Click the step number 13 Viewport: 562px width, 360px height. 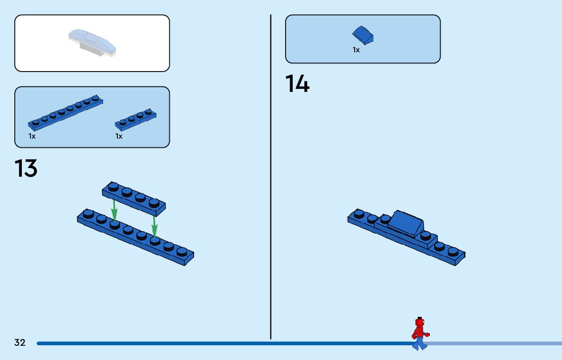point(26,169)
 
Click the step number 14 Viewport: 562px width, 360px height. point(297,84)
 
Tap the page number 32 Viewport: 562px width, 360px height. point(20,343)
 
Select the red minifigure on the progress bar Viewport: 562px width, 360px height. point(419,334)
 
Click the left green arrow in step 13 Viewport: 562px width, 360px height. point(114,210)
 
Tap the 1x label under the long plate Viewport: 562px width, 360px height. point(32,136)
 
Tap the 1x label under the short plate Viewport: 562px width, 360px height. point(119,136)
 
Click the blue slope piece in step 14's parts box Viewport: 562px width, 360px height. point(363,35)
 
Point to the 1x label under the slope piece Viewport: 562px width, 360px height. point(356,50)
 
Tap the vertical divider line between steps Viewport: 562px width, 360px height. point(270,178)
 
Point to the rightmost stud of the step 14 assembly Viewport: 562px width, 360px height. point(453,251)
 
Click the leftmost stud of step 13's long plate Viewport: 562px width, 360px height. point(89,214)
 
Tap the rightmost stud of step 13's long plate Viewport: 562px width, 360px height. point(181,251)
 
